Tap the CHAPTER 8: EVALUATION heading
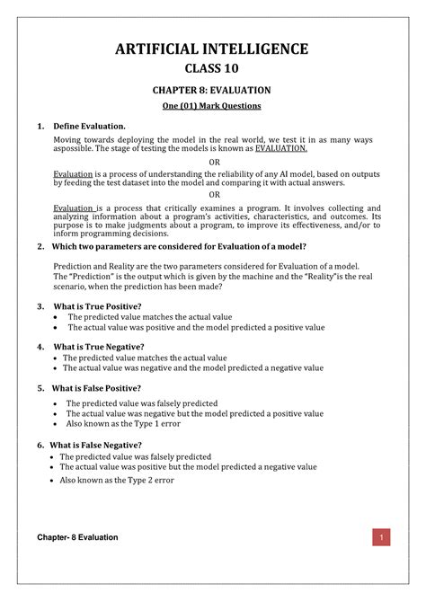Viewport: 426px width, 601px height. (x=213, y=90)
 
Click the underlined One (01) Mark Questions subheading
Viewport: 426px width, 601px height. (x=213, y=106)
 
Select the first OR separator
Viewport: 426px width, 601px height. (x=214, y=163)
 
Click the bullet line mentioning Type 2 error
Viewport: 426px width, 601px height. (x=117, y=480)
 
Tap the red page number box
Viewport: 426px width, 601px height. (x=382, y=538)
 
